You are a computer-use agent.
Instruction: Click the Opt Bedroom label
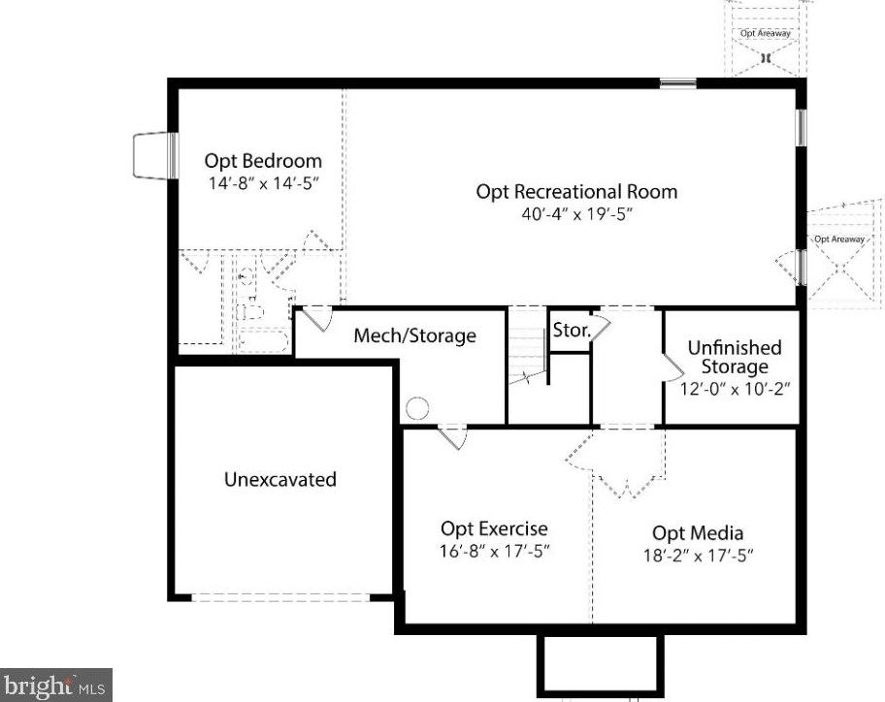(262, 161)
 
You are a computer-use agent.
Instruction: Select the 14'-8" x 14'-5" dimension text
(262, 181)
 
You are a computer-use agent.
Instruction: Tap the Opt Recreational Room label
(576, 191)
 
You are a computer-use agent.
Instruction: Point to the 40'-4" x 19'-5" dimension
(576, 213)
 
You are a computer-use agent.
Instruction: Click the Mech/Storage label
(414, 335)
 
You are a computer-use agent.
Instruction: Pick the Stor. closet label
(571, 330)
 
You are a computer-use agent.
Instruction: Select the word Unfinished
(734, 347)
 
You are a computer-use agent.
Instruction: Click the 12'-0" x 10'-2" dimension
(734, 387)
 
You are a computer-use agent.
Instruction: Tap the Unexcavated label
(280, 479)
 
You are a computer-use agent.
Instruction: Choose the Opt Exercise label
(494, 528)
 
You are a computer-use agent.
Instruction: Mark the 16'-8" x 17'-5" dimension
(494, 552)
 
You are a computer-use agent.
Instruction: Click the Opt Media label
(698, 532)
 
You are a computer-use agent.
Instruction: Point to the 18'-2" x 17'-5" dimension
(698, 555)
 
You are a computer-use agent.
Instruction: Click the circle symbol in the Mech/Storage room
(417, 409)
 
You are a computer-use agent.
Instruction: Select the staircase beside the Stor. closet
(528, 354)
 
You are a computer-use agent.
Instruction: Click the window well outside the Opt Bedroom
(152, 155)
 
